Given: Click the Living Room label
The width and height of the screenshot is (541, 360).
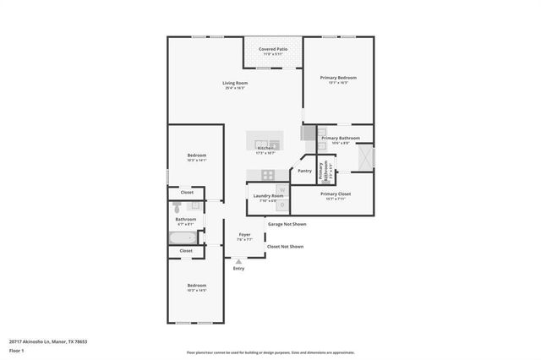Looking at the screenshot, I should [235, 83].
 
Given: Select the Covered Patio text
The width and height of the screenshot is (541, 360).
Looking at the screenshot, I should [273, 50].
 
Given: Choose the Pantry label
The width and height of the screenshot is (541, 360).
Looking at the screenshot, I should [304, 171].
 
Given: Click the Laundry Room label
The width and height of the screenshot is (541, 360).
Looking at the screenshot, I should [266, 196].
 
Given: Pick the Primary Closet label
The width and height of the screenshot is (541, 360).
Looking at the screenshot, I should [335, 194].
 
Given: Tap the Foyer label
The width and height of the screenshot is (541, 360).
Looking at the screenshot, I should [244, 234].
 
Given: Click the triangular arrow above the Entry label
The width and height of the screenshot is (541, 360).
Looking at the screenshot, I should [239, 262].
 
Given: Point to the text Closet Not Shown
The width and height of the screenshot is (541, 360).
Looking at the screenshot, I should [285, 247].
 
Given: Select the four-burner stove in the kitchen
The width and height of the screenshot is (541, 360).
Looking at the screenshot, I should [267, 175].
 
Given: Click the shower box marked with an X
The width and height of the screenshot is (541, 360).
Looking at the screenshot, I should [365, 157].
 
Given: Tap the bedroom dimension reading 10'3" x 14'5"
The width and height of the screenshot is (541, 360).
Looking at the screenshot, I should [196, 290].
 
